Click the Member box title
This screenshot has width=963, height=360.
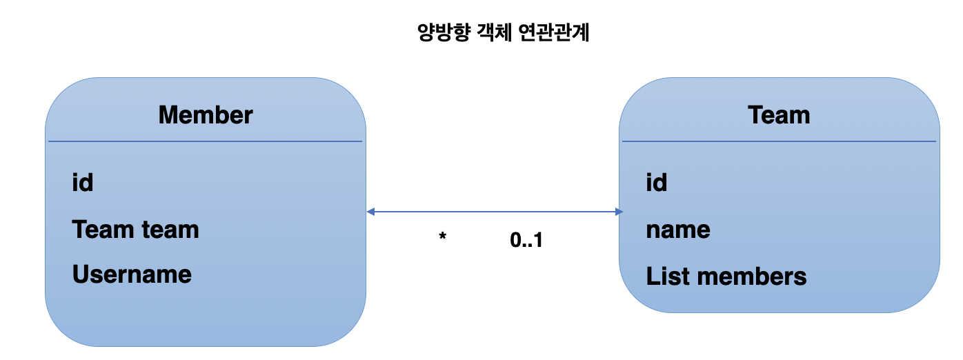point(206,114)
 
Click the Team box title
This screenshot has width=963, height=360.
point(779,114)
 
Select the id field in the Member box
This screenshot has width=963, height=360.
point(82,183)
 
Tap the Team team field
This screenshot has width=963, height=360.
point(135,229)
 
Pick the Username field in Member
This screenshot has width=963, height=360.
point(132,274)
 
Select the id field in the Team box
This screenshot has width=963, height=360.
point(656,183)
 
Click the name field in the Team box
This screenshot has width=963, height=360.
point(677,230)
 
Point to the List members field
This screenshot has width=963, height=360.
point(726,277)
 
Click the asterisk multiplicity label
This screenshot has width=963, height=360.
point(442,238)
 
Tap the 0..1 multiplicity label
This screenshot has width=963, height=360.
point(526,241)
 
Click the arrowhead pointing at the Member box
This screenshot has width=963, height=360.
point(371,212)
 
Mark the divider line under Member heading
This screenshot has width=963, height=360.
point(205,141)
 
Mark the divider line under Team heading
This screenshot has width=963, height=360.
point(779,141)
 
